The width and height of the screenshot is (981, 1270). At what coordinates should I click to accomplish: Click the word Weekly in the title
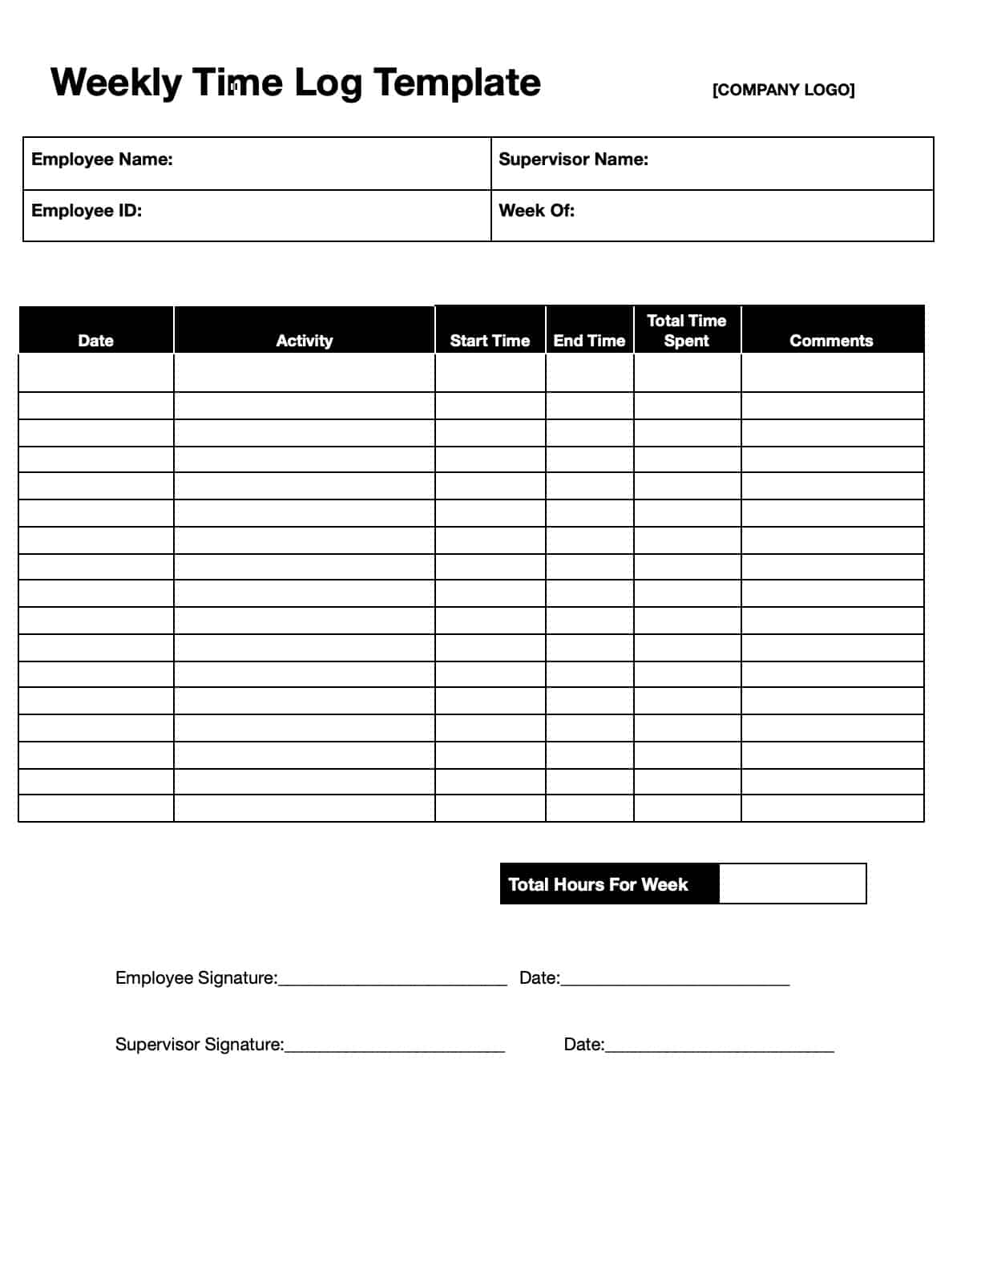click(116, 83)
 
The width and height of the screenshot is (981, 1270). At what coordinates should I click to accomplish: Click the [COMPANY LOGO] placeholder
click(783, 90)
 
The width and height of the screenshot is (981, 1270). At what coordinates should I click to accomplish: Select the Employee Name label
click(102, 160)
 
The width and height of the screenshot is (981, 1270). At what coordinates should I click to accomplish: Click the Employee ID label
click(87, 211)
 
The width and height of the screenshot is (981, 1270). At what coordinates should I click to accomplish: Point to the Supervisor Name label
click(573, 160)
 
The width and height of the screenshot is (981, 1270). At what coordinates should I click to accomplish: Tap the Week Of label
click(536, 211)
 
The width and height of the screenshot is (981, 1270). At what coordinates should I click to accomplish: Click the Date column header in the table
click(95, 341)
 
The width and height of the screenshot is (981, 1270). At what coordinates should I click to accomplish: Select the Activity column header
click(304, 341)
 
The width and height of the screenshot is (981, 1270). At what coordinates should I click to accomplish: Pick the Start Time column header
click(490, 341)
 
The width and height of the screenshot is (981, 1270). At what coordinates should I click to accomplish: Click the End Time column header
click(589, 341)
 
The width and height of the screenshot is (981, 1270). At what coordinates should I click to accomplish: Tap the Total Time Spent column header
click(687, 330)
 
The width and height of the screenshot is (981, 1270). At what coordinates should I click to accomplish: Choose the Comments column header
click(831, 341)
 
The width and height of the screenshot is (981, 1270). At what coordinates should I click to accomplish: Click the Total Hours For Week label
click(598, 884)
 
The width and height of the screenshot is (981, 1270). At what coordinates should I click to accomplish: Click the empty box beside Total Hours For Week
click(792, 884)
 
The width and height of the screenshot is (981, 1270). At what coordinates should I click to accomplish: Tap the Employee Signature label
click(196, 978)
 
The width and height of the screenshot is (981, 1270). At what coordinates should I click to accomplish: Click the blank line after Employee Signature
click(393, 981)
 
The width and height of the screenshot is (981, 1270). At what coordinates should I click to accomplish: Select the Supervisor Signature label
click(200, 1045)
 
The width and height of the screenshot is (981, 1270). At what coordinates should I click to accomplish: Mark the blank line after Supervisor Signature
click(394, 1048)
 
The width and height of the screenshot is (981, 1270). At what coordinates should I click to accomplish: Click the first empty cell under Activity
click(304, 373)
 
